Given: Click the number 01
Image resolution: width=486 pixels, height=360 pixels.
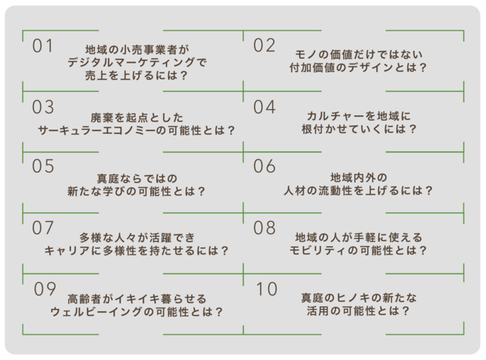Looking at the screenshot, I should [43, 46].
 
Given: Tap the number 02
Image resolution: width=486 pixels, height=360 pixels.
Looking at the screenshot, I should [264, 46].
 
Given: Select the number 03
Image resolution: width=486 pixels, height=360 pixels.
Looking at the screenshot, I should [43, 106].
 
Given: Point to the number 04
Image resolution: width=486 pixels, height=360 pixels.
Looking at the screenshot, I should [264, 106].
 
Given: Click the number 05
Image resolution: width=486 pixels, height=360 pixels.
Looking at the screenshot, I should [43, 166].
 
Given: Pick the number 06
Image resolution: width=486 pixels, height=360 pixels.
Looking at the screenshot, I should [264, 166].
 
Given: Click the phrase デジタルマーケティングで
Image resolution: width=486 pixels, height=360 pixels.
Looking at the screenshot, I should [136, 63].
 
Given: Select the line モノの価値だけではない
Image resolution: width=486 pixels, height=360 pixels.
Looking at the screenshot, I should [359, 54].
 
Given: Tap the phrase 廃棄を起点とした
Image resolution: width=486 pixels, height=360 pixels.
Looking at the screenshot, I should [136, 116].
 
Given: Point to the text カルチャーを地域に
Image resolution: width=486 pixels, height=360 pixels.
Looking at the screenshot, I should [359, 116].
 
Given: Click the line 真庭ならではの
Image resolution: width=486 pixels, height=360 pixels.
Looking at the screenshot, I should [136, 177].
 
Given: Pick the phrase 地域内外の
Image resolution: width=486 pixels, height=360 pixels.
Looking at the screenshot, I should [359, 177].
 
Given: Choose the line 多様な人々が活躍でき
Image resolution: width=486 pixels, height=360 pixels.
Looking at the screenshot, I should [136, 237].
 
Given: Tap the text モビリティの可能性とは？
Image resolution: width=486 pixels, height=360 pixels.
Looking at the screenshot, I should [359, 250].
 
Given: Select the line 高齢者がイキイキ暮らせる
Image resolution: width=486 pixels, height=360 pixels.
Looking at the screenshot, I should [136, 298].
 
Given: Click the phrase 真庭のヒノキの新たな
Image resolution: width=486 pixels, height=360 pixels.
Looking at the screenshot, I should [359, 298].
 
